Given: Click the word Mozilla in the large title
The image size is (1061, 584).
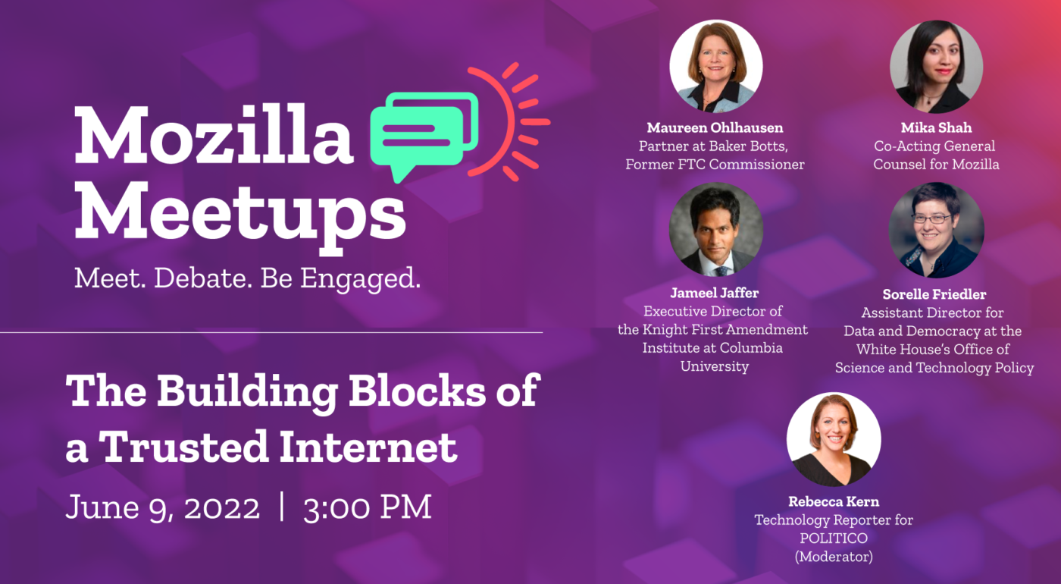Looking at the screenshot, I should tap(214, 134).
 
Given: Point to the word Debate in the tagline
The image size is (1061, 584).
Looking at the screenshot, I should tap(203, 279).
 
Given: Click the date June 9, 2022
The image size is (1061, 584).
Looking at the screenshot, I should tap(162, 507).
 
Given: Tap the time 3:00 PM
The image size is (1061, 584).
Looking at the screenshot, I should tap(367, 507).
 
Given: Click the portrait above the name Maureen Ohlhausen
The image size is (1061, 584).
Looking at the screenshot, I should tap(715, 67).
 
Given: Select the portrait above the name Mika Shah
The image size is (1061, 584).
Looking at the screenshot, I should tap(936, 67).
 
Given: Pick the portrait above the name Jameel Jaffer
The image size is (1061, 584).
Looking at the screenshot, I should tap(715, 230).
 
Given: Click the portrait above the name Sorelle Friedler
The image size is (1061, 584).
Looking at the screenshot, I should tap(936, 230).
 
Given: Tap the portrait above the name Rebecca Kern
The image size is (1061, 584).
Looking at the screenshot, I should tap(834, 439).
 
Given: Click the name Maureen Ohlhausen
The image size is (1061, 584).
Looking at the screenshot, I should tap(715, 127).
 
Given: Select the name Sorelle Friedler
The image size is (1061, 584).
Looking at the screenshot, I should tap(934, 294).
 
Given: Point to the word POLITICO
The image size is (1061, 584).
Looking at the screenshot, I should tap(834, 538).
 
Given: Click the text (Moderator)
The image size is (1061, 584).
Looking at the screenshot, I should tap(834, 556).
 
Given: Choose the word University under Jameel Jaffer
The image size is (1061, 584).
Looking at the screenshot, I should tap(714, 366).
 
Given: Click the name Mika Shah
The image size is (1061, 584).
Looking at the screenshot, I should tap(936, 127).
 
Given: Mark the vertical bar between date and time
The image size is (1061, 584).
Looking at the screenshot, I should tap(282, 507).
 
